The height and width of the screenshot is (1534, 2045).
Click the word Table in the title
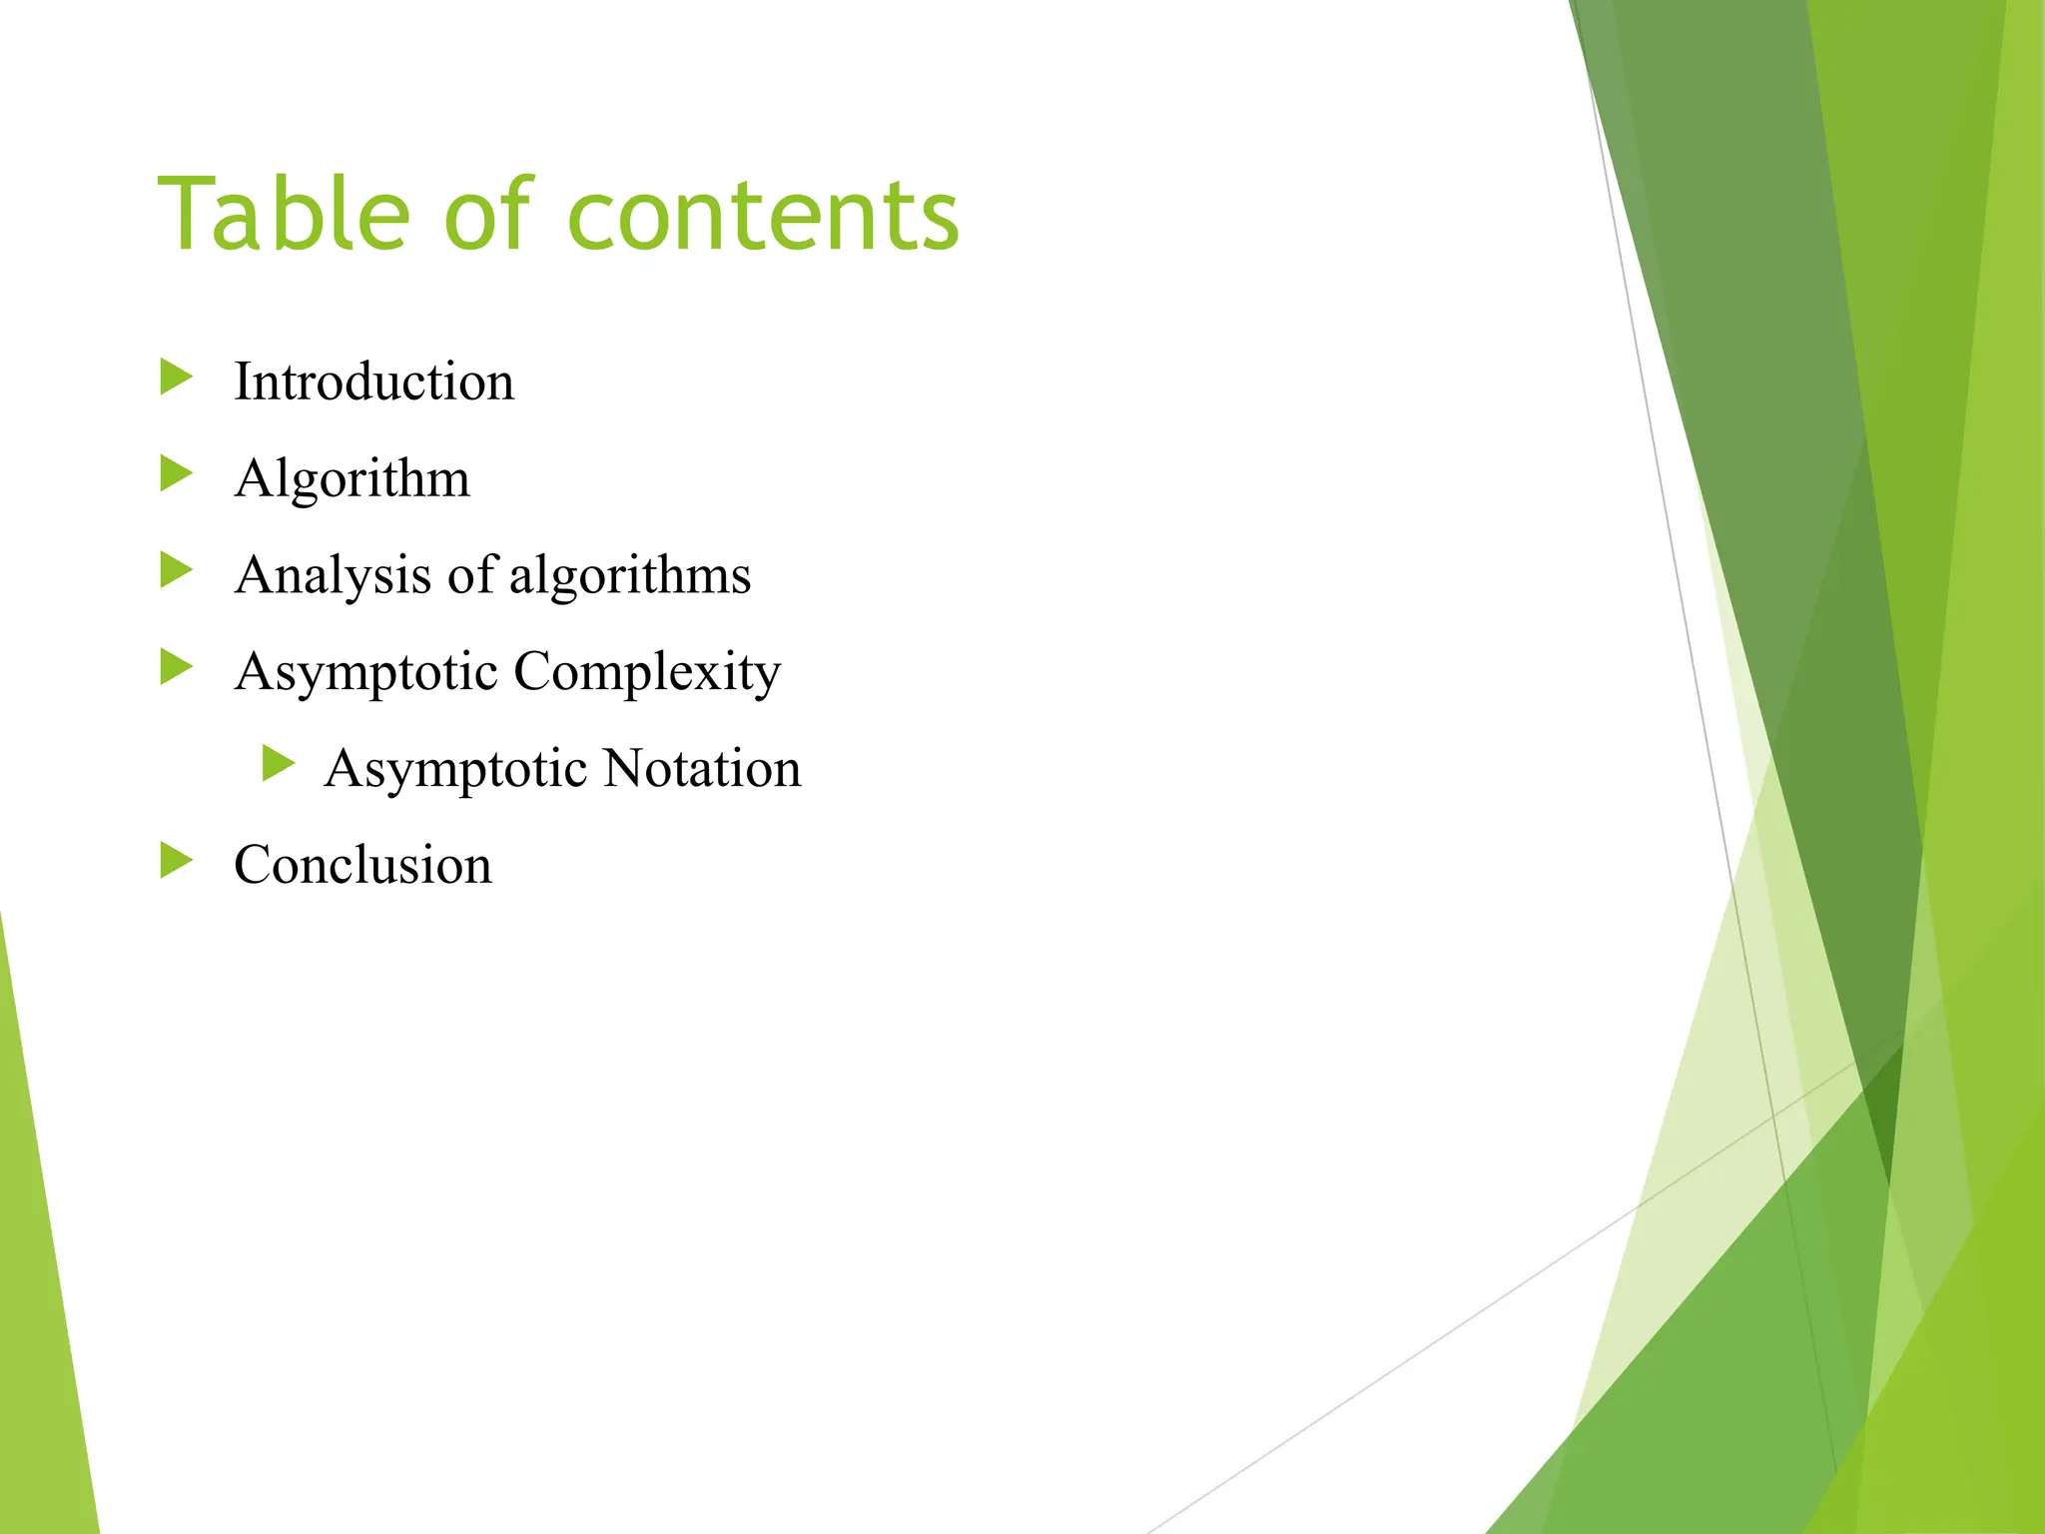pos(284,214)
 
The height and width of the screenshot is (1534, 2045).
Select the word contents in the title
pos(763,216)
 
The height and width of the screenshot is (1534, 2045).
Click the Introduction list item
pos(374,382)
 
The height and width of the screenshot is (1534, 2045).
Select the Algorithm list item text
pos(352,478)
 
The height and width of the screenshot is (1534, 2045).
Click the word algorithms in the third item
pos(630,575)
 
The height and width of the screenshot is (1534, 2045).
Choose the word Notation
pos(702,769)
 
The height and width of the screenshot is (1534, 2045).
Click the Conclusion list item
pos(363,865)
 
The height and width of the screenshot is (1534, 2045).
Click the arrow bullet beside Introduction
pos(176,378)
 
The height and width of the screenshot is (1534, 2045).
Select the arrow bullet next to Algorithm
pos(176,474)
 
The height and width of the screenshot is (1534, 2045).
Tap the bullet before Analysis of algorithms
pos(176,571)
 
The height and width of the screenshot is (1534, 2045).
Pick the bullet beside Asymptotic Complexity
pos(176,667)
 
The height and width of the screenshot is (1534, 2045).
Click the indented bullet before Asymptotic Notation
pos(279,764)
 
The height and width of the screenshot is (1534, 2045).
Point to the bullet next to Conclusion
pos(176,861)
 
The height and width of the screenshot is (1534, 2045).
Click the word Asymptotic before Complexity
pos(366,672)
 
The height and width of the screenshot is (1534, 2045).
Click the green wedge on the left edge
pos(45,1298)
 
